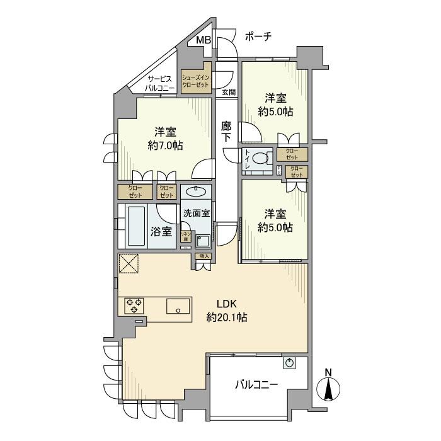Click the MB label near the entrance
(x=203, y=41)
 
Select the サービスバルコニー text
(x=159, y=83)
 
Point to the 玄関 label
(x=229, y=92)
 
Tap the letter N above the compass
(x=328, y=372)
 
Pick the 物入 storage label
(x=203, y=256)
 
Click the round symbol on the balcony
(x=289, y=363)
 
